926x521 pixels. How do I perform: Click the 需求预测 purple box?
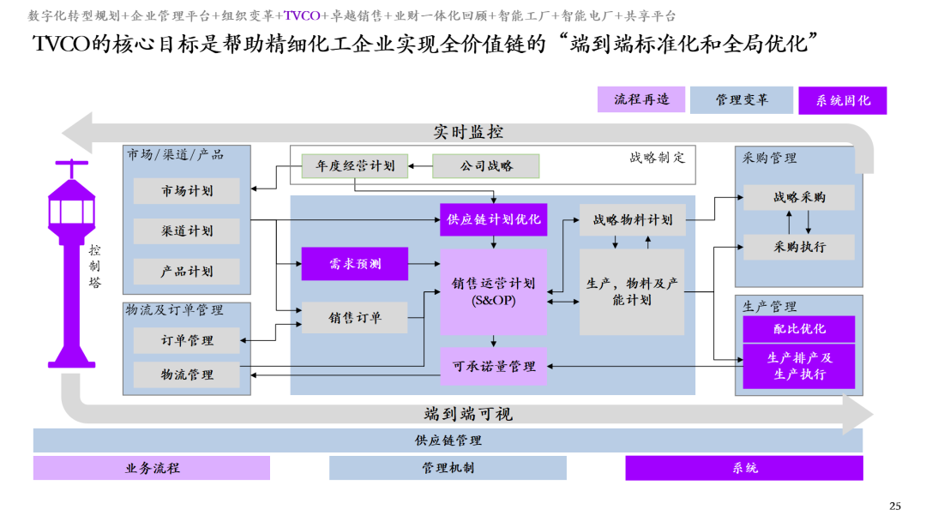pyautogui.click(x=354, y=264)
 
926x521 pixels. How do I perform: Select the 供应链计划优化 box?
pyautogui.click(x=493, y=219)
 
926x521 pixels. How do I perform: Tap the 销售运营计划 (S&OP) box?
pyautogui.click(x=493, y=292)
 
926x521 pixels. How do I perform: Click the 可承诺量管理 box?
pyautogui.click(x=493, y=367)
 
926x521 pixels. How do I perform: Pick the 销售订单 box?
pyautogui.click(x=354, y=318)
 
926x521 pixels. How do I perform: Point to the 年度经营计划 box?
pyautogui.click(x=354, y=165)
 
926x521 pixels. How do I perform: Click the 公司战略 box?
pyautogui.click(x=486, y=165)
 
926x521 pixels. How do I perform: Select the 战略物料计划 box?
pyautogui.click(x=633, y=220)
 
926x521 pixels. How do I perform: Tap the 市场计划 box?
pyautogui.click(x=187, y=191)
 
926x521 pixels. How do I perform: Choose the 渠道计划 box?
pyautogui.click(x=187, y=231)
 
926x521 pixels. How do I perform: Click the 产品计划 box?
pyautogui.click(x=187, y=272)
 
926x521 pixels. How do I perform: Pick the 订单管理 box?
pyautogui.click(x=187, y=340)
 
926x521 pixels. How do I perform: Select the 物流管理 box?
pyautogui.click(x=187, y=374)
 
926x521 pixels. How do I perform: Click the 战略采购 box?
pyautogui.click(x=799, y=198)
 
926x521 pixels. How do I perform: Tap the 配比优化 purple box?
pyautogui.click(x=799, y=329)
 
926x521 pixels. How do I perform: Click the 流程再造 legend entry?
pyautogui.click(x=641, y=99)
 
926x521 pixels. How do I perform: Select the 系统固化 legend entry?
pyautogui.click(x=843, y=100)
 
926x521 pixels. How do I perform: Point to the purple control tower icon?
pyautogui.click(x=71, y=264)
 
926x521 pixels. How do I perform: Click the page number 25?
pyautogui.click(x=895, y=506)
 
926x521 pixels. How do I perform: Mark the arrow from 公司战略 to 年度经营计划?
pyautogui.click(x=420, y=166)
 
